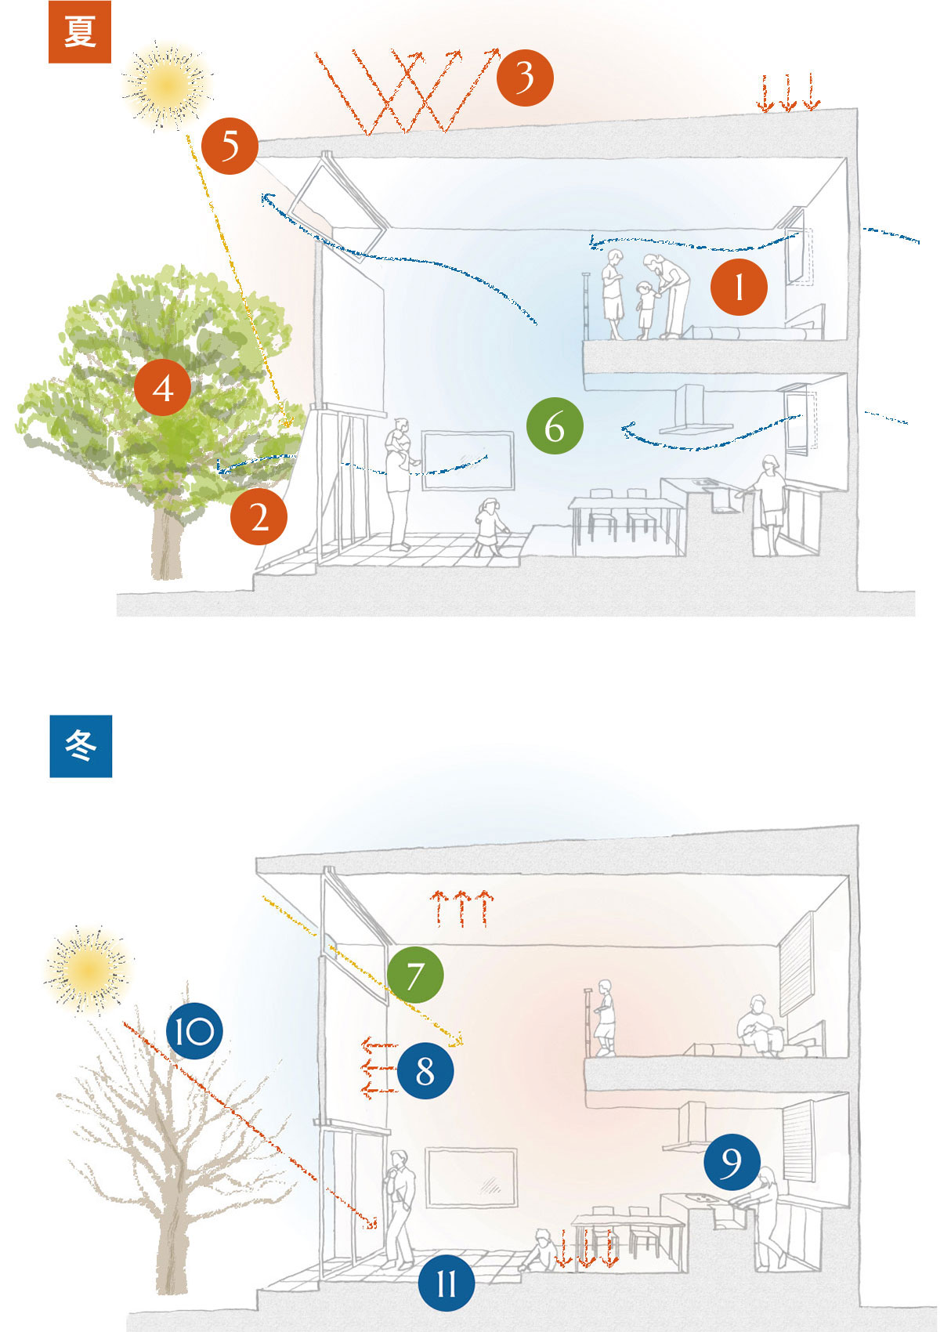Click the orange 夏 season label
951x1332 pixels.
coord(79,33)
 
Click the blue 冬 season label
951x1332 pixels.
coord(81,746)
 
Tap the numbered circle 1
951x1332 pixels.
coord(739,288)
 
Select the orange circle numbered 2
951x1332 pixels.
coord(259,517)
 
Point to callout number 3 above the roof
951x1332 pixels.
coord(525,77)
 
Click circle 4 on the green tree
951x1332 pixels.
coord(163,387)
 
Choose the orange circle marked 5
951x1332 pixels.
coord(230,146)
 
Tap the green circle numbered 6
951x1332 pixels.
coord(555,427)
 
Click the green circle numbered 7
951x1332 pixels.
coord(415,975)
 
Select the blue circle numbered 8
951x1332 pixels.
coord(425,1070)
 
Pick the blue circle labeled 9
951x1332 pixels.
coord(732,1161)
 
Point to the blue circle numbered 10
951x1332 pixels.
coord(194,1031)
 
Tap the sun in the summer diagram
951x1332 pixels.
coord(167,81)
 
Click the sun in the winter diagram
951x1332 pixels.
coord(86,970)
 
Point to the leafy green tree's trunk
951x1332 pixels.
coord(166,545)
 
